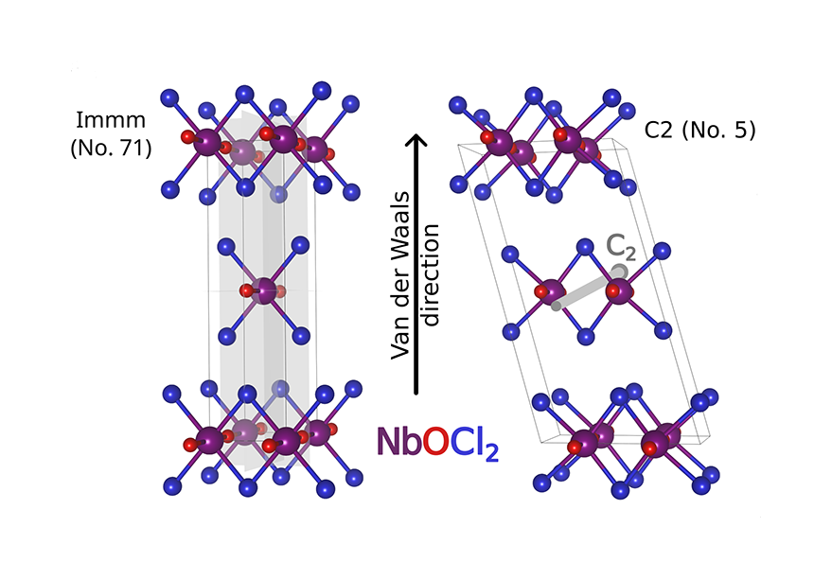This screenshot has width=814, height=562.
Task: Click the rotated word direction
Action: pos(432,274)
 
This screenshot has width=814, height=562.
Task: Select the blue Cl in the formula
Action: pos(475,443)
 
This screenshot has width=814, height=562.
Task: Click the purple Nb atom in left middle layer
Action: pos(268,290)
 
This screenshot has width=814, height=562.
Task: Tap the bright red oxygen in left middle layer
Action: pos(249,290)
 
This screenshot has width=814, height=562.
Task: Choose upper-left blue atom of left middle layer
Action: pos(225,248)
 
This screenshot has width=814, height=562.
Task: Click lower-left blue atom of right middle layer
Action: pos(512,331)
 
